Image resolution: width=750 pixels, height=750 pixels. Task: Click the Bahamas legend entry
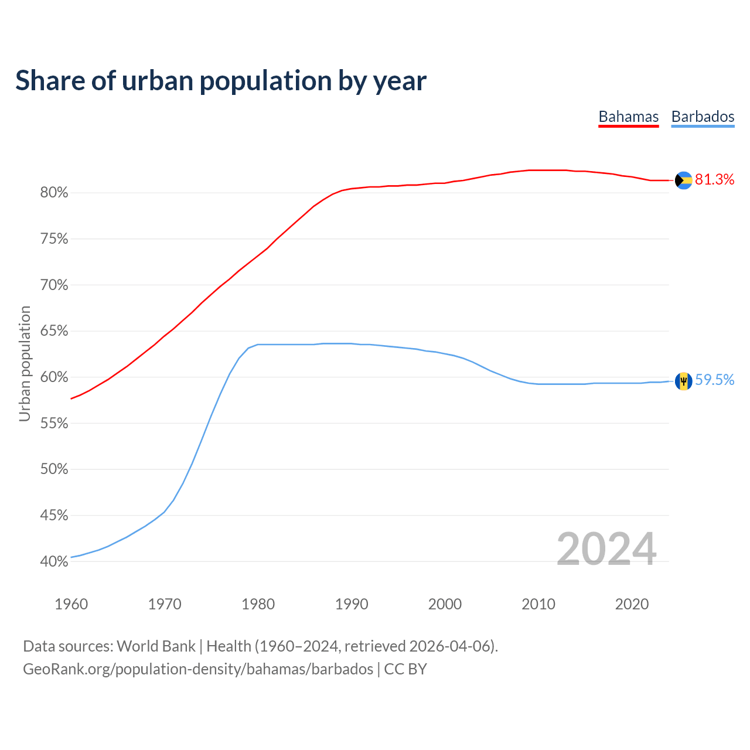click(628, 117)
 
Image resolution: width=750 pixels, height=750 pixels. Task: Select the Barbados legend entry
click(703, 117)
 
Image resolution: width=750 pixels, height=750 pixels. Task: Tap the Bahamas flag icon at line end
click(683, 180)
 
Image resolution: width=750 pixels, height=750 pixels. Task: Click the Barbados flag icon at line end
click(683, 381)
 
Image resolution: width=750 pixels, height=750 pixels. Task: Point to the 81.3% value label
click(715, 180)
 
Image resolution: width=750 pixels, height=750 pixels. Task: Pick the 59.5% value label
click(715, 380)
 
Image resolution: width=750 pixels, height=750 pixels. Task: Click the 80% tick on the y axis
click(54, 193)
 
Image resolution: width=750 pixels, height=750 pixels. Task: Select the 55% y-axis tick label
click(54, 423)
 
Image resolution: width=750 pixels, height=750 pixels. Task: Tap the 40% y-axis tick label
click(54, 561)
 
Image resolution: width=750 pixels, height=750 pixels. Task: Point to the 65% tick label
click(54, 331)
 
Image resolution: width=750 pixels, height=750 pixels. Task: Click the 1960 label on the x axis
click(71, 604)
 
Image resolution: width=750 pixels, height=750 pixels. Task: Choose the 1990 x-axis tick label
click(352, 604)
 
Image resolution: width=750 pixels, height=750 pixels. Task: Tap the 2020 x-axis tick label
click(632, 604)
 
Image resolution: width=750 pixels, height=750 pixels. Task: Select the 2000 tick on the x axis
click(445, 604)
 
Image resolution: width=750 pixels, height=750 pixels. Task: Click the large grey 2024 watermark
click(606, 549)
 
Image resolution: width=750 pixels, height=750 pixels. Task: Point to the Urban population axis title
click(25, 363)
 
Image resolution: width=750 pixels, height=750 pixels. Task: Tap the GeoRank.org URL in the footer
click(198, 669)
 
